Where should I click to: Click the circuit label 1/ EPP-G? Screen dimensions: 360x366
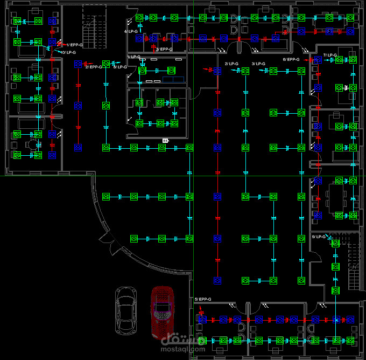74,45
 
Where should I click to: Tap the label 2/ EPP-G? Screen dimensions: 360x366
94,67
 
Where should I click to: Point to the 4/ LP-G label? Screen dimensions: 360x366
131,32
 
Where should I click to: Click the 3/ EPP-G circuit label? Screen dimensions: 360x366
164,50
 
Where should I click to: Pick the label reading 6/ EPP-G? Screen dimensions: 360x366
291,60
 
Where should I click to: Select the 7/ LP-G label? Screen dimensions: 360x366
330,56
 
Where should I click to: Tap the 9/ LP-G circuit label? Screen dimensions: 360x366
319,237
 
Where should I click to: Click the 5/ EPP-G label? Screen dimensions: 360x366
203,299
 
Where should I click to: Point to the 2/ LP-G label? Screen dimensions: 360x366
231,64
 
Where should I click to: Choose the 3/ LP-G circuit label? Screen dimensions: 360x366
258,64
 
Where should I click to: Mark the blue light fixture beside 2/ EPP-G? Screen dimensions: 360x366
78,64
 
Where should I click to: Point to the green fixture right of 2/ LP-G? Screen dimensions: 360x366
245,71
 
